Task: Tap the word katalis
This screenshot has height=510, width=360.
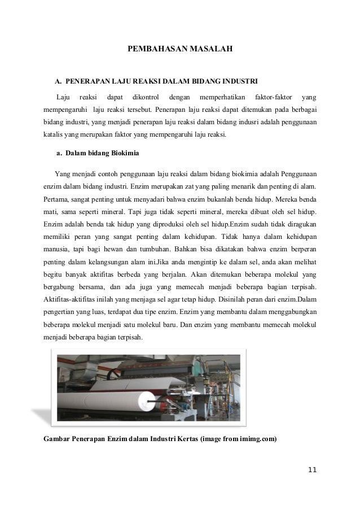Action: [55, 135]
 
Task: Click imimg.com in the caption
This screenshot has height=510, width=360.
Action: [258, 439]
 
